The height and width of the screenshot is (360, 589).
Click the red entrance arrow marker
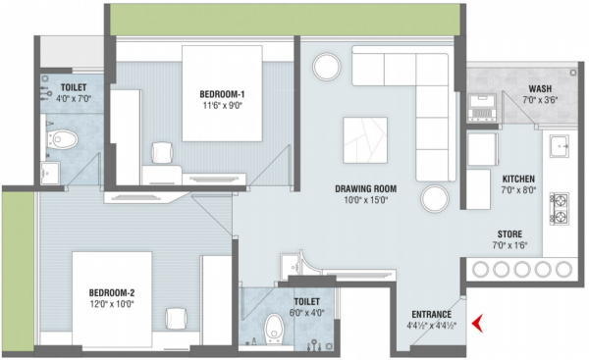(x=478, y=322)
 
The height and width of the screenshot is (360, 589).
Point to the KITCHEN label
(x=518, y=179)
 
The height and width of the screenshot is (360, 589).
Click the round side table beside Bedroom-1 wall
(x=327, y=66)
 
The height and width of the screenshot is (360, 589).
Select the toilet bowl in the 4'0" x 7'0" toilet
(x=64, y=140)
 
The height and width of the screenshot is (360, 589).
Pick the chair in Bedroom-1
(x=163, y=152)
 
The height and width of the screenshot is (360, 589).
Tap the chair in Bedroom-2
(x=177, y=320)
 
